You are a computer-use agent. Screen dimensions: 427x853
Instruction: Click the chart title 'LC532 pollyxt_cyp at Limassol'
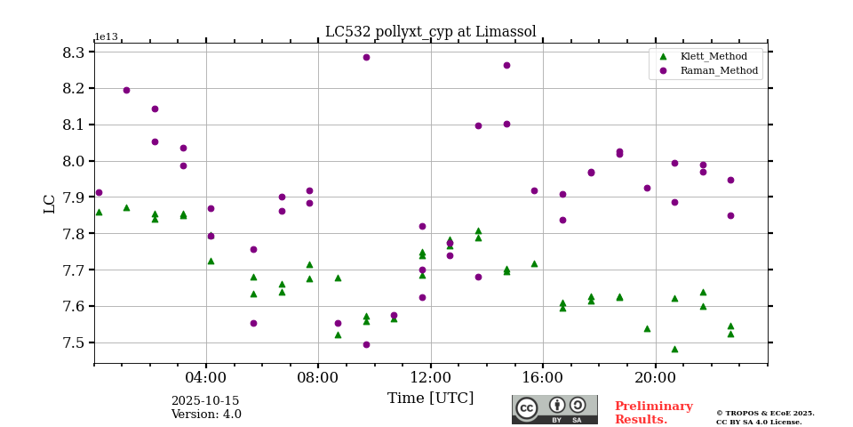click(x=430, y=32)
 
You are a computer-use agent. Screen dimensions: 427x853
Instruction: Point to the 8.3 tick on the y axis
click(x=74, y=52)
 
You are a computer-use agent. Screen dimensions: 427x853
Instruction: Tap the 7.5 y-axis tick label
click(x=74, y=342)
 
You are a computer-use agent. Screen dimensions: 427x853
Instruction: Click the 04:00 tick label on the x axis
click(x=206, y=376)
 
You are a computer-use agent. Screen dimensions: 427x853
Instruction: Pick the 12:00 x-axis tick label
click(x=431, y=376)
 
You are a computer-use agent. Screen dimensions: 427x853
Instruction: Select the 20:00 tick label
click(x=656, y=376)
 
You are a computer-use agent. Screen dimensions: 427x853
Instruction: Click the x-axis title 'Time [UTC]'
click(x=430, y=399)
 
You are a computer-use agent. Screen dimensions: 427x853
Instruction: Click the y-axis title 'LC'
click(x=50, y=203)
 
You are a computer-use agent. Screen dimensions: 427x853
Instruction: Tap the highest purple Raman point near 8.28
click(x=366, y=57)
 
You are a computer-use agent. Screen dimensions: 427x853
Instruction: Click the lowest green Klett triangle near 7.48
click(x=674, y=349)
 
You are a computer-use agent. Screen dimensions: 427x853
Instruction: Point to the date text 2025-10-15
click(x=205, y=401)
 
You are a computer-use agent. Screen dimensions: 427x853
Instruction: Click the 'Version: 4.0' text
click(x=205, y=415)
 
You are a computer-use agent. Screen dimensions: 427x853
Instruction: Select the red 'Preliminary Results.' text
click(x=653, y=413)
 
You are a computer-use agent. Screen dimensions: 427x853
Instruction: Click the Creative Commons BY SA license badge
click(x=554, y=409)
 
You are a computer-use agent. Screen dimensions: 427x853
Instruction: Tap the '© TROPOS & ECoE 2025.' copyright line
click(x=764, y=413)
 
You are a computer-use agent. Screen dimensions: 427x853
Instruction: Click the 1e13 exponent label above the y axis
click(x=106, y=36)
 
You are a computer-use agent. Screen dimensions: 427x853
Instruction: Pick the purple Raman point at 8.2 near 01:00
click(x=126, y=90)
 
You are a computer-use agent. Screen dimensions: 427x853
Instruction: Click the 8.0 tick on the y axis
click(x=74, y=161)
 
